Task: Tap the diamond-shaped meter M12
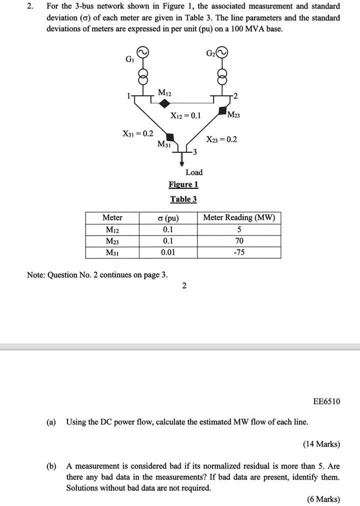165,102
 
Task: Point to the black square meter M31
170,136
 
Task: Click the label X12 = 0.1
185,116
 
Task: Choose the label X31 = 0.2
138,133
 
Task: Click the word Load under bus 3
194,172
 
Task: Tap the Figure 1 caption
184,185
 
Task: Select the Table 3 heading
184,199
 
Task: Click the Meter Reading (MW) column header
239,218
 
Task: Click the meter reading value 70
239,241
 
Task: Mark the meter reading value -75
239,252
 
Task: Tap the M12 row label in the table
112,230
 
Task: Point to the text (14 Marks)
322,444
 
